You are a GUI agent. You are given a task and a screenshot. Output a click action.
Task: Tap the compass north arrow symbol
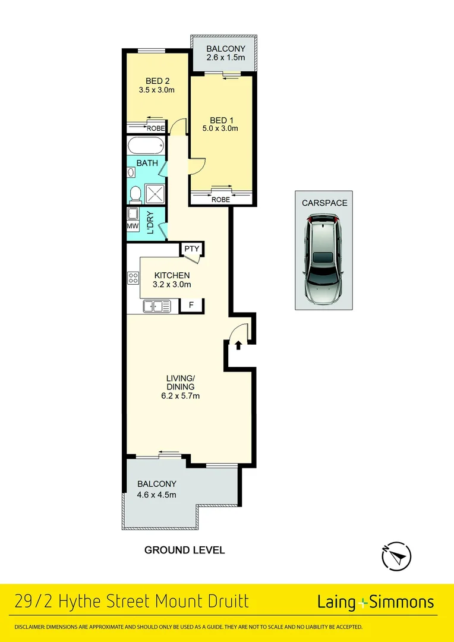click(x=396, y=558)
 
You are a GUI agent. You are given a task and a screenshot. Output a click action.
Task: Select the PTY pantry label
click(x=191, y=248)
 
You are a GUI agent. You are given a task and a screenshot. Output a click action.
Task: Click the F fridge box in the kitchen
click(x=191, y=306)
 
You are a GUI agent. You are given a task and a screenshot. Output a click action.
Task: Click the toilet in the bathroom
click(x=135, y=194)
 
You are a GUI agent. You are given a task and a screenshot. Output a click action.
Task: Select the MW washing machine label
click(x=133, y=226)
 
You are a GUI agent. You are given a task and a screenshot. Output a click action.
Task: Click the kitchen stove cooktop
click(x=133, y=278)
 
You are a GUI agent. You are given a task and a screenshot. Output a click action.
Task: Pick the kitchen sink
click(x=156, y=306)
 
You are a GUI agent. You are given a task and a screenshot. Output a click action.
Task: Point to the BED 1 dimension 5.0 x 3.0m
click(x=220, y=128)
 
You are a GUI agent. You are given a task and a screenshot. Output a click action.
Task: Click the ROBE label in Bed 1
click(x=220, y=200)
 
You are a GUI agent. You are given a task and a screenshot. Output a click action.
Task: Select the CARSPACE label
click(x=324, y=203)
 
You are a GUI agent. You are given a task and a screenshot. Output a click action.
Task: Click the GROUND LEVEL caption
click(x=185, y=550)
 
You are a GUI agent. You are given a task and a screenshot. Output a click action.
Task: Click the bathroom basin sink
click(x=131, y=173)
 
